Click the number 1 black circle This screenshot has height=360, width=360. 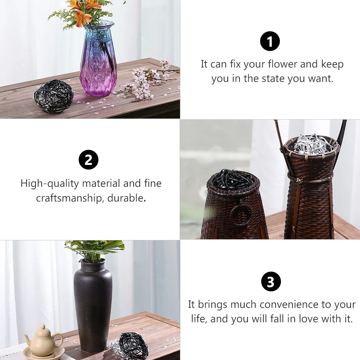(270, 41)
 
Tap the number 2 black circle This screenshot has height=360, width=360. (88, 160)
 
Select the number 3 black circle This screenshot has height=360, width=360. (271, 281)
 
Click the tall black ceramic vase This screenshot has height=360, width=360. (93, 305)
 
